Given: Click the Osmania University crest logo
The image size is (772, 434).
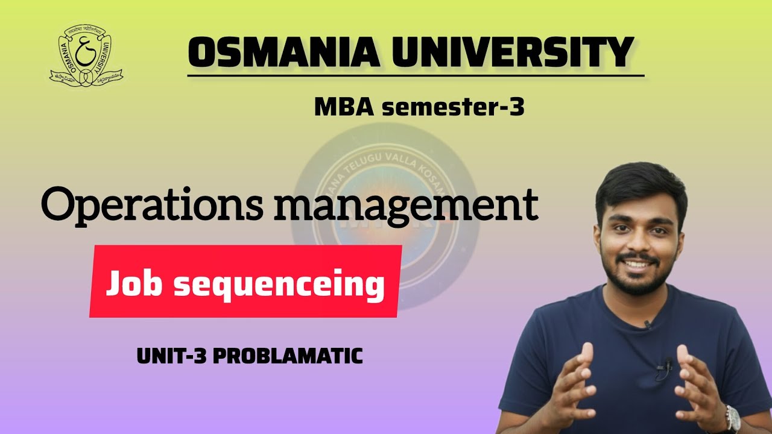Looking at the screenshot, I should tap(86, 54).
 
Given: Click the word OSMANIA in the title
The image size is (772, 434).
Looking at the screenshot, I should tap(283, 53).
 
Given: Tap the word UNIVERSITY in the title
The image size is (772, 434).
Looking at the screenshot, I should tap(513, 53).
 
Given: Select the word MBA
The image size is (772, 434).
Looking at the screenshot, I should tap(343, 108).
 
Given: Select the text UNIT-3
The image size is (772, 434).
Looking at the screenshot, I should tap(172, 356).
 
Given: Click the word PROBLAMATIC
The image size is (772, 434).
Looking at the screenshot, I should tap(288, 356).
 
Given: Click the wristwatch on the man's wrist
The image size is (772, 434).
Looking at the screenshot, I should tap(732, 417).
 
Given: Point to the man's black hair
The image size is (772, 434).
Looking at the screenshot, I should tap(639, 181).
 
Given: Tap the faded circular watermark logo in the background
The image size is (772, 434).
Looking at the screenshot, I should tap(386, 205).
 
